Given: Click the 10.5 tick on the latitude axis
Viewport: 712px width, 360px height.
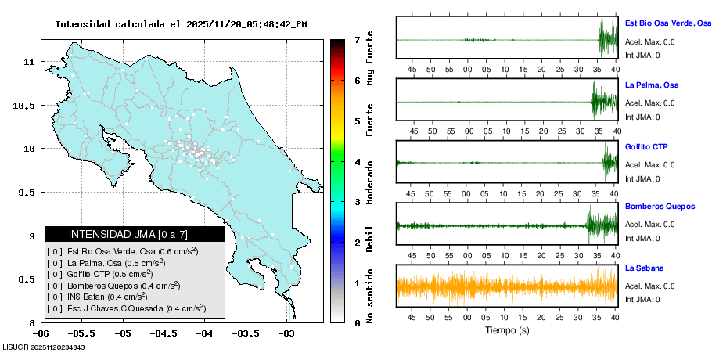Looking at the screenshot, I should pyautogui.click(x=25, y=106).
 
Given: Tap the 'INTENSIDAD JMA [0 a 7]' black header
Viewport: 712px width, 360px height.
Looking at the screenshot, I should pyautogui.click(x=134, y=234).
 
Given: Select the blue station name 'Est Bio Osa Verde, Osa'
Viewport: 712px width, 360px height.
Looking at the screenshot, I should pyautogui.click(x=667, y=23).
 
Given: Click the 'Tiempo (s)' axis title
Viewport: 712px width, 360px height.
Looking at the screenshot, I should pyautogui.click(x=507, y=330).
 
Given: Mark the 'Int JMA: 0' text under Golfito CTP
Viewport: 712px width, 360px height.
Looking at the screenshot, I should pyautogui.click(x=642, y=178).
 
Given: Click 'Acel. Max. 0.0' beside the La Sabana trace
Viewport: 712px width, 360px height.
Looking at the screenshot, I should pyautogui.click(x=649, y=285).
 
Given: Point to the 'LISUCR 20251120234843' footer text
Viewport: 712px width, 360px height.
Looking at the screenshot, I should pyautogui.click(x=44, y=347).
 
